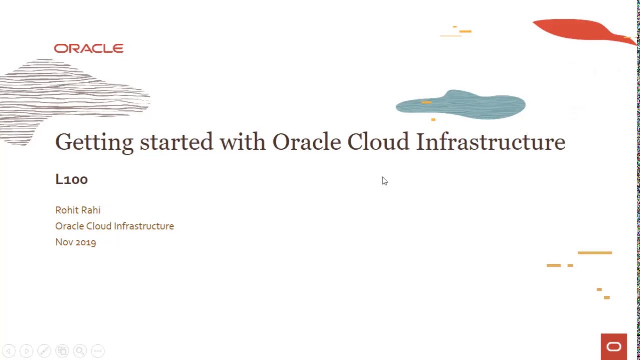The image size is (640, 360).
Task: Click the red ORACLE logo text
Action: tap(89, 48)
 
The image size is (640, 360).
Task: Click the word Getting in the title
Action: tap(94, 142)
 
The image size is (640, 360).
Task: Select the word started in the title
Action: tap(176, 142)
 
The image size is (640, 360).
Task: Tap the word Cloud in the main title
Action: tap(378, 142)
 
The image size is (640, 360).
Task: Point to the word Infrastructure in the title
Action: tap(490, 142)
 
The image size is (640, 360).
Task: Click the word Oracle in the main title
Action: tap(306, 142)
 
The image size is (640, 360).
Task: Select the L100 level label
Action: tap(71, 179)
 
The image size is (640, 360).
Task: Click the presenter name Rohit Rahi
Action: tap(78, 210)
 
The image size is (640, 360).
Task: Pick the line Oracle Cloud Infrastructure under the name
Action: tap(114, 226)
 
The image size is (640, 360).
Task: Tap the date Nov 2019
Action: tap(75, 242)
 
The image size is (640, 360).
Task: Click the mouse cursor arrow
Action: tap(384, 181)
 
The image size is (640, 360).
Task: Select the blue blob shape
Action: tap(460, 105)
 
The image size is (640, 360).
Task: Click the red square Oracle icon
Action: tap(614, 346)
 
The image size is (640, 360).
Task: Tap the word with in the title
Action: tap(242, 142)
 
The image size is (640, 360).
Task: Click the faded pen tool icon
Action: tap(44, 351)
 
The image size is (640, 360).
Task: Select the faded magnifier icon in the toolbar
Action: tap(80, 351)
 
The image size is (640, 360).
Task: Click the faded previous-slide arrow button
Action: tap(9, 351)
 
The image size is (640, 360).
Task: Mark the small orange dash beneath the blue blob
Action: tap(433, 120)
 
